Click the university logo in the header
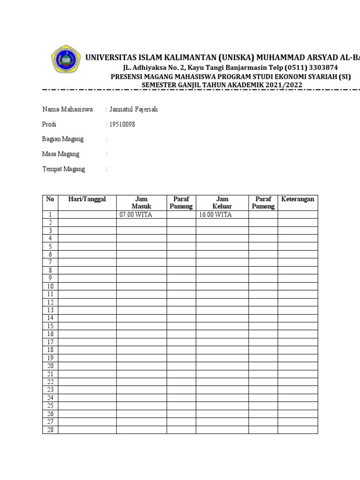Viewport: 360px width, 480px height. click(x=66, y=61)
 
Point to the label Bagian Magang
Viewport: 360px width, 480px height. click(x=63, y=139)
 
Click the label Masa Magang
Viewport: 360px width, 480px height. click(x=61, y=154)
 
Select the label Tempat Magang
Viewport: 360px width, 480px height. click(x=64, y=169)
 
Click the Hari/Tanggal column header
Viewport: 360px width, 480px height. click(x=87, y=199)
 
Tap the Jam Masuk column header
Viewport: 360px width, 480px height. click(x=142, y=202)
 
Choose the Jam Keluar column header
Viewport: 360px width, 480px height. click(x=222, y=202)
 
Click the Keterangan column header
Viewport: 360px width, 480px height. click(x=298, y=199)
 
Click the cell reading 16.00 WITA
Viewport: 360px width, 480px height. click(x=216, y=215)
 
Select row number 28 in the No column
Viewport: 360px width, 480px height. click(x=50, y=430)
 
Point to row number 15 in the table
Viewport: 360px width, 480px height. click(x=50, y=326)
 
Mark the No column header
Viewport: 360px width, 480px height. click(x=50, y=199)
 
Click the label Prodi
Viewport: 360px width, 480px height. click(x=50, y=125)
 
